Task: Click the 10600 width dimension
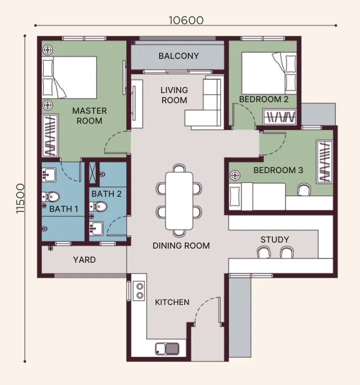tap(186, 20)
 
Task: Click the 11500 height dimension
tap(21, 199)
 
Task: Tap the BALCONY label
tap(179, 56)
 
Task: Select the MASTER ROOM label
tap(90, 116)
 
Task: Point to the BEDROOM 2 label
tap(263, 99)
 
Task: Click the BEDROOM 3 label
tap(278, 170)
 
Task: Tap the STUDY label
tap(274, 240)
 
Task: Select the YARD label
tap(84, 260)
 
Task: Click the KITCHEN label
tap(172, 302)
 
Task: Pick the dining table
tap(179, 201)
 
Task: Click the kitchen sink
tap(167, 349)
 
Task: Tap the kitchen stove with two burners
tap(139, 291)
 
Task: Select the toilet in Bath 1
tap(51, 197)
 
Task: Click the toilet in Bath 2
tap(99, 207)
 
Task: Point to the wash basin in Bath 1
tap(49, 175)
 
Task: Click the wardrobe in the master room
tap(50, 135)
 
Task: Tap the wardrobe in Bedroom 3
tap(325, 162)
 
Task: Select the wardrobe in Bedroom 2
tap(280, 117)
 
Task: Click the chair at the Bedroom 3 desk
tap(304, 190)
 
